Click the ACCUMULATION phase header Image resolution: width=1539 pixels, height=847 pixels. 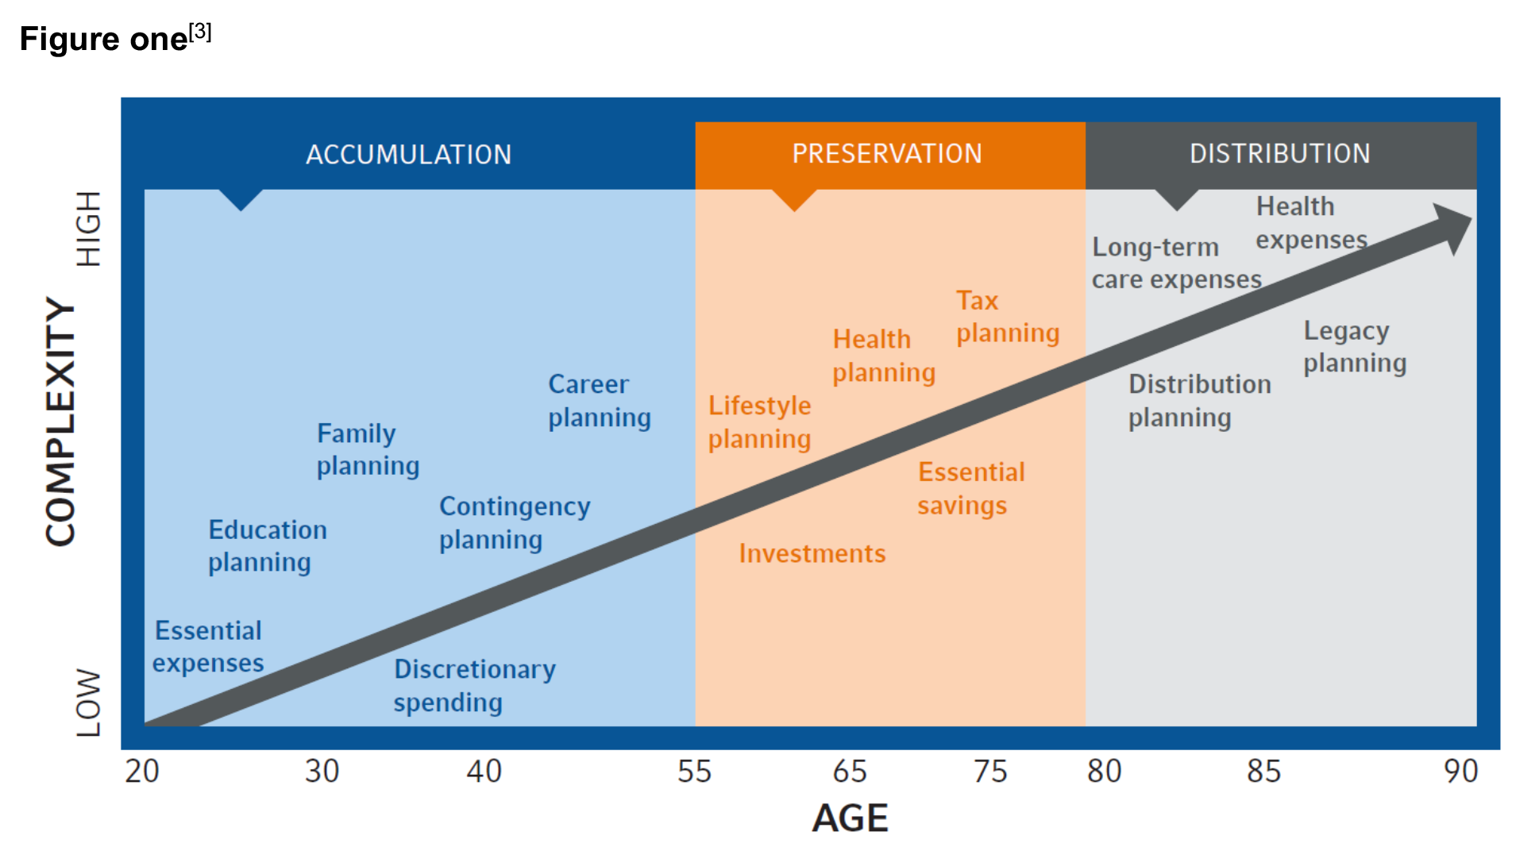[409, 154]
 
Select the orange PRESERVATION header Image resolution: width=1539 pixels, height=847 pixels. [887, 153]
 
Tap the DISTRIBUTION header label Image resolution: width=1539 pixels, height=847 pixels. [1280, 153]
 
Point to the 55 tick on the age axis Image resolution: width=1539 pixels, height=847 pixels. [694, 772]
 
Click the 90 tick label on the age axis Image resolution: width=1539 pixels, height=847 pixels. [1460, 772]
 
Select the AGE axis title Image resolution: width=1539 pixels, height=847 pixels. [850, 818]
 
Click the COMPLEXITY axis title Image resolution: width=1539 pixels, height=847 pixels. [60, 422]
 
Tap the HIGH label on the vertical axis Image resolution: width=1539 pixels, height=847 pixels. [88, 229]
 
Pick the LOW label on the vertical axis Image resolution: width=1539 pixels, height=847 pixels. [88, 703]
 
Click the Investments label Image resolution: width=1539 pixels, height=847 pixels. [812, 553]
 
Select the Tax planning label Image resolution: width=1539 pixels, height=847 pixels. [1008, 317]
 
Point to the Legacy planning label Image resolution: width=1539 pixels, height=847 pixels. [1355, 347]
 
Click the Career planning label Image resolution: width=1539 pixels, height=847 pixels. [600, 401]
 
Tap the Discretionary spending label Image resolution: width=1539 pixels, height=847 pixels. [475, 686]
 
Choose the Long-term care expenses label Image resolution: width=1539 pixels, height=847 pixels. [1177, 264]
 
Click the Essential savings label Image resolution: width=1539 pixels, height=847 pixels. [971, 489]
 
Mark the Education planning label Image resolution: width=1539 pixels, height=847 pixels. [268, 546]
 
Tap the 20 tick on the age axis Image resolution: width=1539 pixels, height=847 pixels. [142, 772]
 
